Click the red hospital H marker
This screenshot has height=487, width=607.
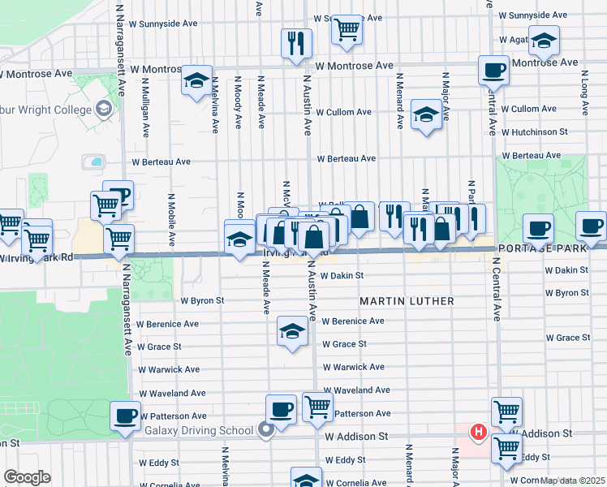(479, 432)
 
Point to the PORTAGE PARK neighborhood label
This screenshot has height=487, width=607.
(552, 248)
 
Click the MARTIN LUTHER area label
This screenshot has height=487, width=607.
(407, 301)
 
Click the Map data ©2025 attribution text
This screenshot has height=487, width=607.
(573, 481)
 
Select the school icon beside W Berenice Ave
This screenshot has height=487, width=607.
(292, 330)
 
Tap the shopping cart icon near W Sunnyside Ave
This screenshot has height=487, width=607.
(347, 28)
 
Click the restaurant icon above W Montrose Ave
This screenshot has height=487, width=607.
(296, 41)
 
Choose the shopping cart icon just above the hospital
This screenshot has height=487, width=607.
(506, 410)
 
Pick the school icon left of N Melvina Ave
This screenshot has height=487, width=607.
(196, 80)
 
